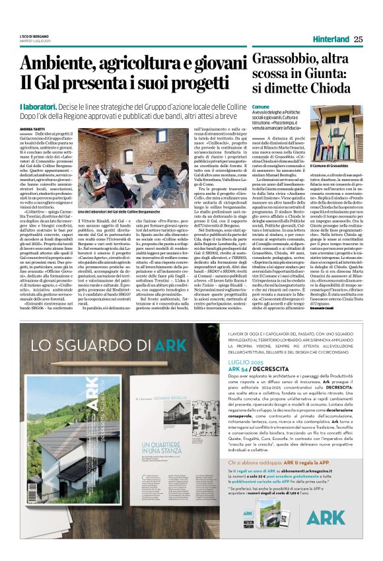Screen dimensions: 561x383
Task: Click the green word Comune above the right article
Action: (x=261, y=106)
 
